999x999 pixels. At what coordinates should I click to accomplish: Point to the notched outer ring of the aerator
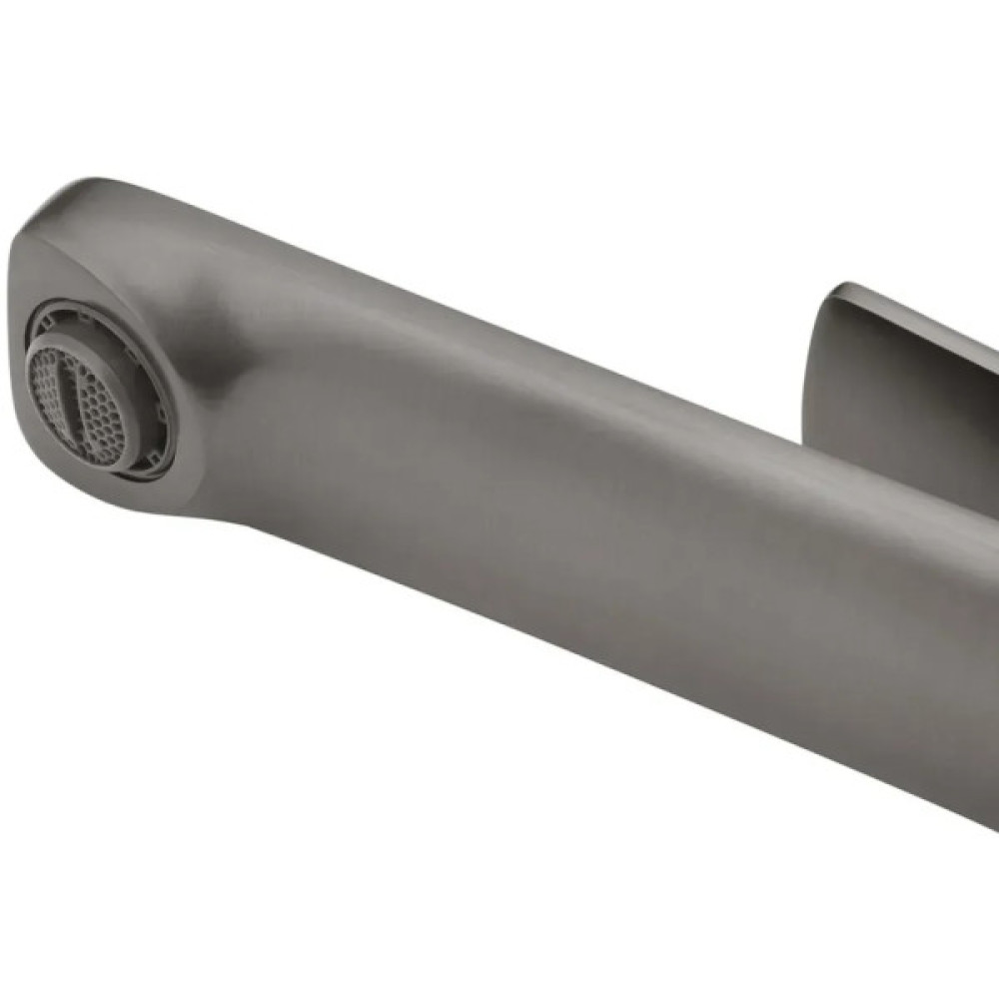coord(150,440)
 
